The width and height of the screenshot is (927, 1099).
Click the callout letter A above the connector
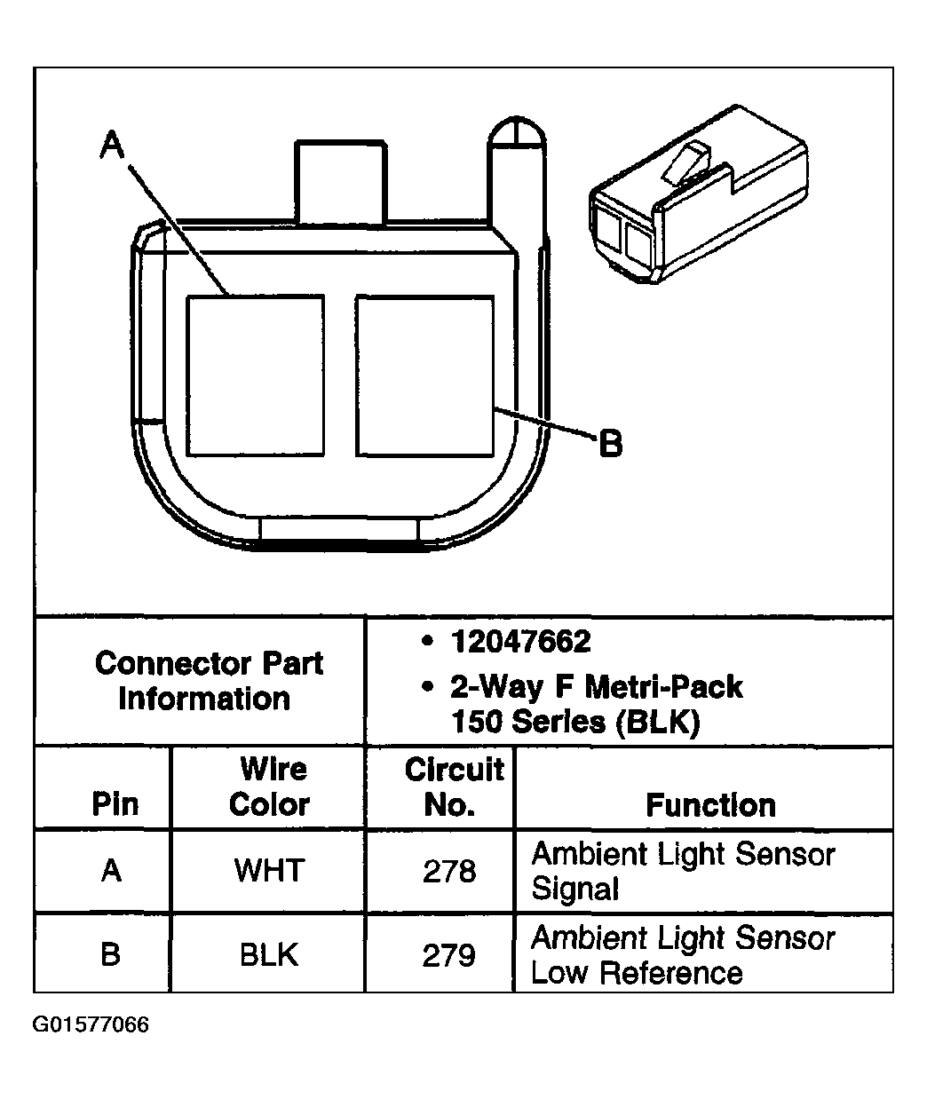[111, 144]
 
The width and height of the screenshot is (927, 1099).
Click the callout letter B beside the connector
[611, 442]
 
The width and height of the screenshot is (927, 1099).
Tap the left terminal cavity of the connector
[255, 376]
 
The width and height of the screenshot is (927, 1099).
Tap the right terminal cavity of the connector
[424, 376]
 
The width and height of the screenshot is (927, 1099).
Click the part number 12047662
[520, 641]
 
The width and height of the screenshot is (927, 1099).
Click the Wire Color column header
[269, 787]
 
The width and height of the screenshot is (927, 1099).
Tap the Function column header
[710, 804]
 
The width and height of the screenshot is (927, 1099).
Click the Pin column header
[115, 804]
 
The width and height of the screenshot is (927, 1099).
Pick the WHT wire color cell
[269, 871]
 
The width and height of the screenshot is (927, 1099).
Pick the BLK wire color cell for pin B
[269, 954]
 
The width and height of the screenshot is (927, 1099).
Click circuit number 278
[449, 871]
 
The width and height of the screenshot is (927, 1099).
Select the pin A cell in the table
[111, 871]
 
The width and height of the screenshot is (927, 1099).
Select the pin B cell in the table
[111, 954]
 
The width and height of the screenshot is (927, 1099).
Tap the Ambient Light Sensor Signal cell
[682, 871]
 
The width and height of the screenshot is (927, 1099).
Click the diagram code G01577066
[91, 1025]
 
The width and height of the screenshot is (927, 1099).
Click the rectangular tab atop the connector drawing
[341, 181]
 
